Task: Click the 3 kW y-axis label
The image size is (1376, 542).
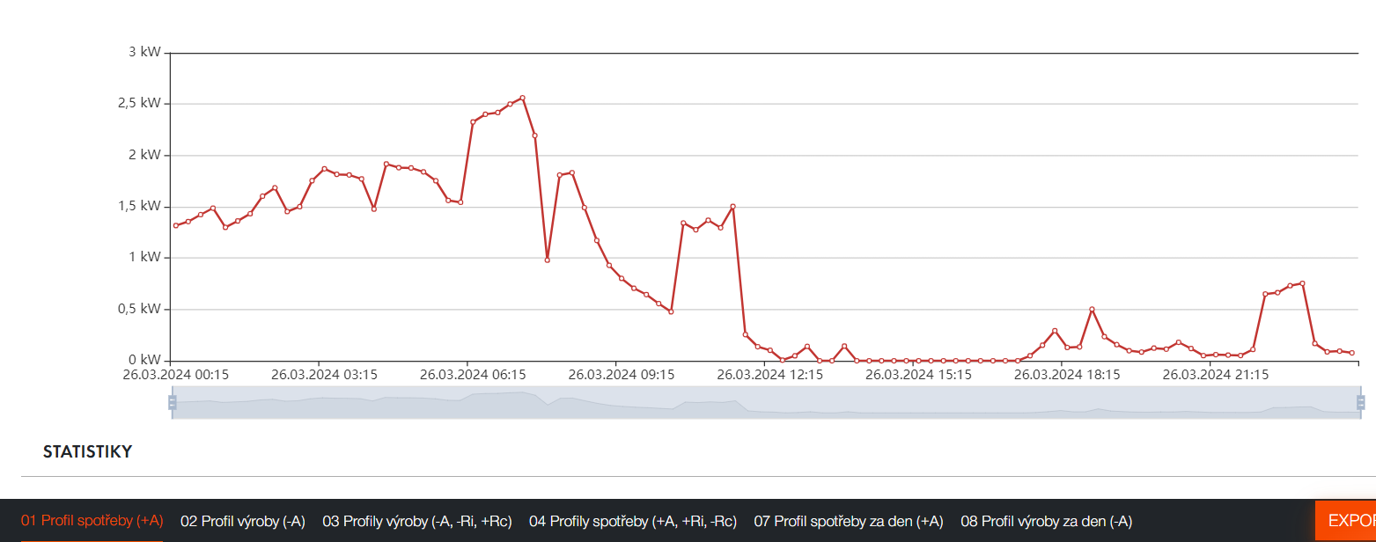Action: pos(144,52)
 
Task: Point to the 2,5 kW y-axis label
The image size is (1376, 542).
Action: pos(139,103)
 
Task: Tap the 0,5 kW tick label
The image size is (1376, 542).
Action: pos(139,309)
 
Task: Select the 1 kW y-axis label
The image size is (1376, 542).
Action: pos(144,258)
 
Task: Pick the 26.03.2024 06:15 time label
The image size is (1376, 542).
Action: pos(474,375)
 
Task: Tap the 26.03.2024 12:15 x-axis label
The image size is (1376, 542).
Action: pos(770,375)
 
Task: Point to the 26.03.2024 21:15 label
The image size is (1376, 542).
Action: pos(1216,375)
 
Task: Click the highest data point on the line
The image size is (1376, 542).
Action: pos(522,98)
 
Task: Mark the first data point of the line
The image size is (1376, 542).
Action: pos(175,225)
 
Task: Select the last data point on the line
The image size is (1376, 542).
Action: pos(1351,353)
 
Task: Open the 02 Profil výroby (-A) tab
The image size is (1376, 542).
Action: pos(243,521)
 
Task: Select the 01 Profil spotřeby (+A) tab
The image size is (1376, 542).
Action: pos(92,521)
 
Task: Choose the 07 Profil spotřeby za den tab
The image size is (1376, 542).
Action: pos(848,521)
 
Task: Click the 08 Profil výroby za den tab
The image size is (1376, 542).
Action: pos(1046,521)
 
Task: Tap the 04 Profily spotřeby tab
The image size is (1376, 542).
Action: pos(632,521)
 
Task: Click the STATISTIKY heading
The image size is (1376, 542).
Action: pos(87,452)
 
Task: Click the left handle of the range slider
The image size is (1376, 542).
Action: pos(173,402)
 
